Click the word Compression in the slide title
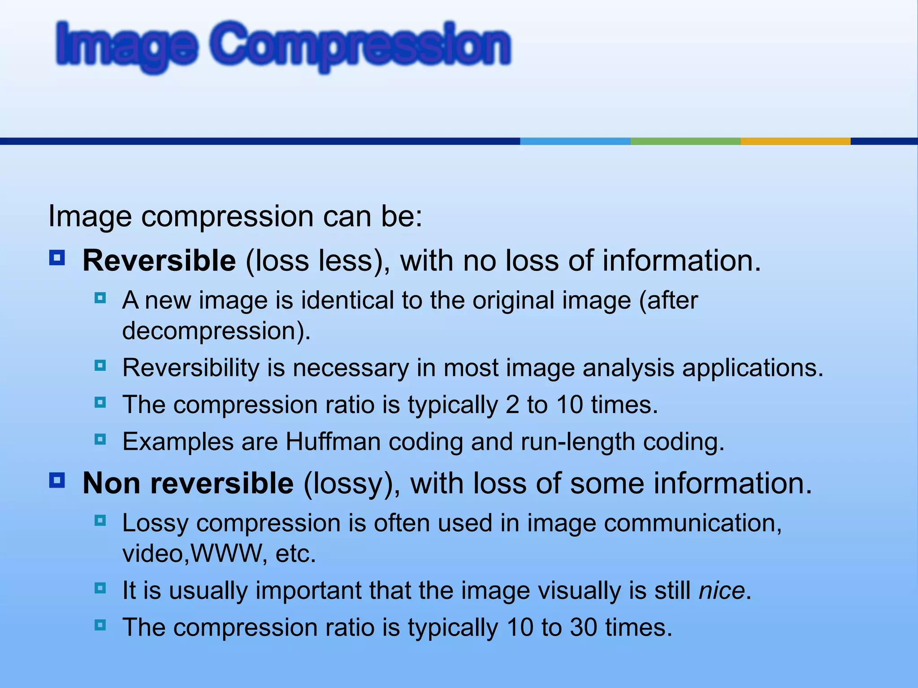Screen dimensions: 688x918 (361, 45)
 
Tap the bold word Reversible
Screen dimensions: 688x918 (159, 261)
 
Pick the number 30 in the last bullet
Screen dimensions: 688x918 (584, 627)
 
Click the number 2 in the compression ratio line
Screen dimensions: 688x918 (512, 405)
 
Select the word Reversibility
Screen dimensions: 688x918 (191, 368)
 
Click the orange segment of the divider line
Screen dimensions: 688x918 (795, 141)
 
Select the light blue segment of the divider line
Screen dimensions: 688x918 (575, 141)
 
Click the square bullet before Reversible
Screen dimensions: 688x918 (57, 258)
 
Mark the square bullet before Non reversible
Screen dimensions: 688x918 (57, 481)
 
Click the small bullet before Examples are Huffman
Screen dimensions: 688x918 (100, 439)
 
